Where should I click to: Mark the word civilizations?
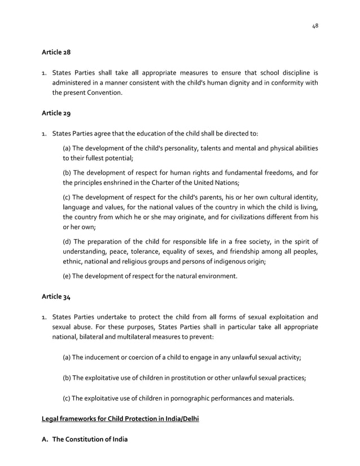[256, 217]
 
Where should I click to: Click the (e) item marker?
[67, 276]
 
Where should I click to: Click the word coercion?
[131, 358]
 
